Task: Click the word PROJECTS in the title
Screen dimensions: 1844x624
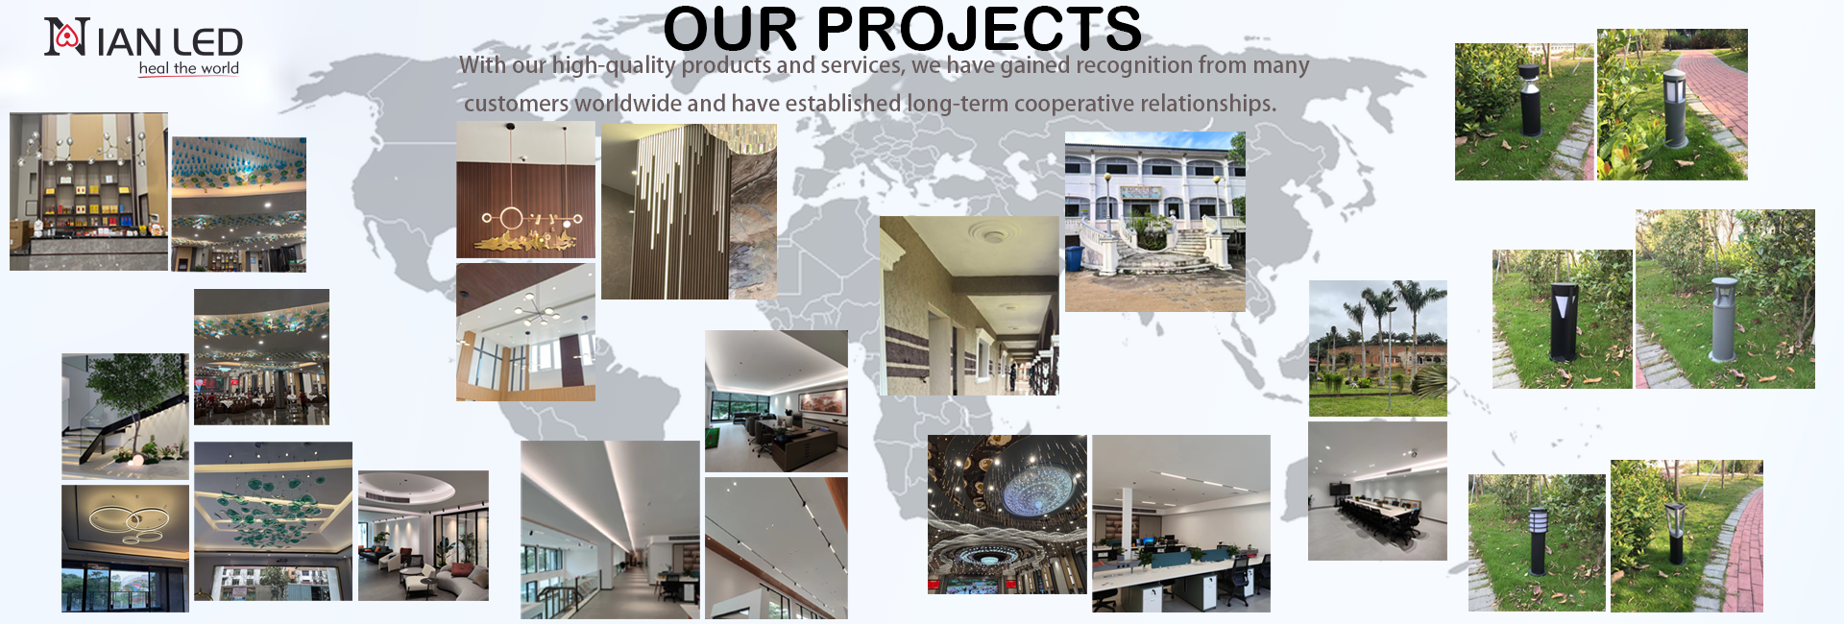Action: pyautogui.click(x=979, y=29)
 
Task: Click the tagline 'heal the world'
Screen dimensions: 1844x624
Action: pyautogui.click(x=189, y=68)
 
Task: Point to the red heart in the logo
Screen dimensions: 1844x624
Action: pyautogui.click(x=66, y=36)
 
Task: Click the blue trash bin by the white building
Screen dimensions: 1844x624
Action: pyautogui.click(x=1074, y=257)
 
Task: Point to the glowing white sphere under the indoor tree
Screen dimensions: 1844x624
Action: pyautogui.click(x=135, y=462)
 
